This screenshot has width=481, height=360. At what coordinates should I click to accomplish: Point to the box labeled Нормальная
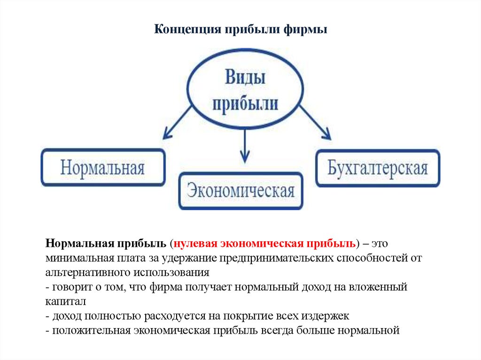tap(103, 168)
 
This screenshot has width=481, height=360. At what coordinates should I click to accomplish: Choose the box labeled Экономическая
tap(240, 191)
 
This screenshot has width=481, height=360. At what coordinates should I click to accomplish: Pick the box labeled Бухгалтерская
tap(378, 168)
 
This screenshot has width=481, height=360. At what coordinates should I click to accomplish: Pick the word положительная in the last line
tap(91, 330)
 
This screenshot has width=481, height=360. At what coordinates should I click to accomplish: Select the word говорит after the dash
tap(70, 287)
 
